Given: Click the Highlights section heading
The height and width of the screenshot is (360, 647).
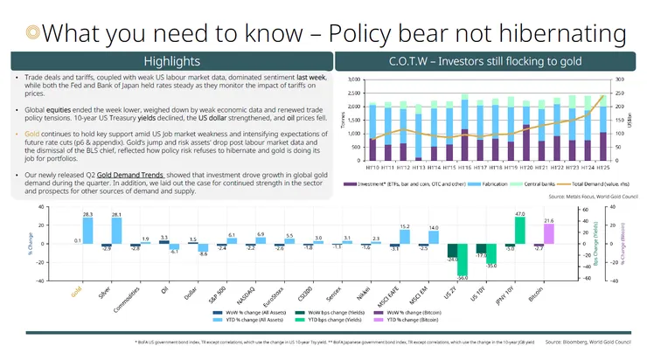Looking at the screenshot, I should point(172,61).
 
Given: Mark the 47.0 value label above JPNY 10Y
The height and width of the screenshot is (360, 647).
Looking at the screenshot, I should point(519,213).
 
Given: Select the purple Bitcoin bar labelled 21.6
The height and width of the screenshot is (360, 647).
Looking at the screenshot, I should point(550,233).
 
